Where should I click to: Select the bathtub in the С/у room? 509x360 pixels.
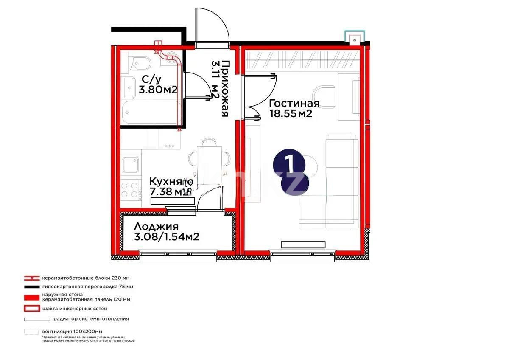[148, 113]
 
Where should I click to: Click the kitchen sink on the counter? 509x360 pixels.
[131, 164]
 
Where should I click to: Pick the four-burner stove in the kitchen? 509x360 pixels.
[131, 190]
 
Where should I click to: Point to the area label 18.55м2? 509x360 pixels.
[291, 114]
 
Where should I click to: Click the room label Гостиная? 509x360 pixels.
[294, 104]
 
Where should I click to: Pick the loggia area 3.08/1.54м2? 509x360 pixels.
[166, 237]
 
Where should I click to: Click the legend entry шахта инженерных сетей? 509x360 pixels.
[75, 309]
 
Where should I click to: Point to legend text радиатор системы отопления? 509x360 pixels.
[91, 318]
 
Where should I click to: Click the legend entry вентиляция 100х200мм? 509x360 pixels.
[72, 332]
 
